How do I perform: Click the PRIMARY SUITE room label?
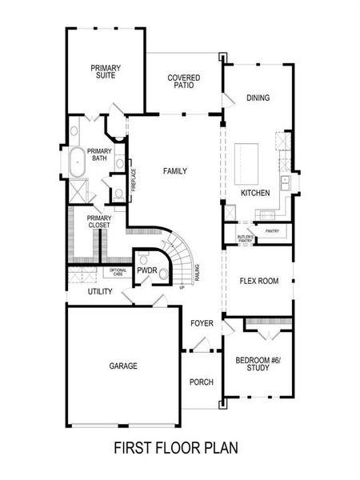click(x=104, y=72)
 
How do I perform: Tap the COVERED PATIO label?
click(x=183, y=82)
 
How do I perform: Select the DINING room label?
click(x=258, y=98)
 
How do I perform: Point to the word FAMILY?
click(x=175, y=171)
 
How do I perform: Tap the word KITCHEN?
click(x=255, y=194)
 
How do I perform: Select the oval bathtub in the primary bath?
click(x=77, y=162)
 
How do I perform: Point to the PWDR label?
click(x=146, y=271)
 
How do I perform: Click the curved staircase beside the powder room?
click(x=183, y=254)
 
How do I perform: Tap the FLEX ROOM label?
click(x=258, y=281)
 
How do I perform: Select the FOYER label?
click(x=201, y=323)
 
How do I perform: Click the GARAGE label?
click(x=123, y=366)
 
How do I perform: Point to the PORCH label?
click(x=201, y=382)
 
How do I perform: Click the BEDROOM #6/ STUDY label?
click(x=258, y=365)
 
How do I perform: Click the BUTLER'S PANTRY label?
click(x=246, y=239)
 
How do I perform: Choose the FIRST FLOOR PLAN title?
click(x=175, y=447)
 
